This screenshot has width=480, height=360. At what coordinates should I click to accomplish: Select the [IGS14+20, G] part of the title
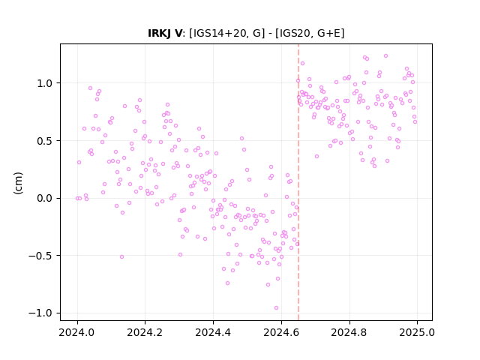click(x=226, y=33)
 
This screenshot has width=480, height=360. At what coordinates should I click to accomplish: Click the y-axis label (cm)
click(x=18, y=183)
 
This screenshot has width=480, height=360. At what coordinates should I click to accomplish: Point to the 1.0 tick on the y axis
click(x=44, y=83)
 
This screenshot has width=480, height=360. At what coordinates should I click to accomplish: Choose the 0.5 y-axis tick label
click(x=44, y=141)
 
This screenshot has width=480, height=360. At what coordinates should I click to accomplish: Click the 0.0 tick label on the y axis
click(x=44, y=198)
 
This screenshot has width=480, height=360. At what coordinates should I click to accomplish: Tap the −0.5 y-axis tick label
click(x=40, y=256)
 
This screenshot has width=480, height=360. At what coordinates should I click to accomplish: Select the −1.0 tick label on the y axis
click(x=40, y=313)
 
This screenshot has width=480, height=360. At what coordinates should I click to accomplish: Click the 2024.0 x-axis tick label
click(x=77, y=332)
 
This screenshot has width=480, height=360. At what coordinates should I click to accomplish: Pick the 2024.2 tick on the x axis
click(x=145, y=332)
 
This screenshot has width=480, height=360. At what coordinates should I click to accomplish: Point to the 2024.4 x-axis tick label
click(x=213, y=332)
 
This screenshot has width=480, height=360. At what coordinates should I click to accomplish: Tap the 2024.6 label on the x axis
click(x=281, y=332)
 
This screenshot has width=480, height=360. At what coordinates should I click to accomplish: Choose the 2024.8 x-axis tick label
click(x=349, y=332)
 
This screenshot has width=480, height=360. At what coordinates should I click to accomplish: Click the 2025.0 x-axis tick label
click(x=417, y=332)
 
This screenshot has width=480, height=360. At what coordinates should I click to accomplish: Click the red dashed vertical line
click(x=298, y=182)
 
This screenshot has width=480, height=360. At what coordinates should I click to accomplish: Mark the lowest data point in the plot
click(x=277, y=308)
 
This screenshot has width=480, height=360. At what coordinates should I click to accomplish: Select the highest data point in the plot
click(x=385, y=56)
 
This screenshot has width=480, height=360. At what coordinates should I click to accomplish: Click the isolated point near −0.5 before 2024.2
click(x=121, y=256)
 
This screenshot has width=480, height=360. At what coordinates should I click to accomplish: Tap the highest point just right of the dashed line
click(x=302, y=63)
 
